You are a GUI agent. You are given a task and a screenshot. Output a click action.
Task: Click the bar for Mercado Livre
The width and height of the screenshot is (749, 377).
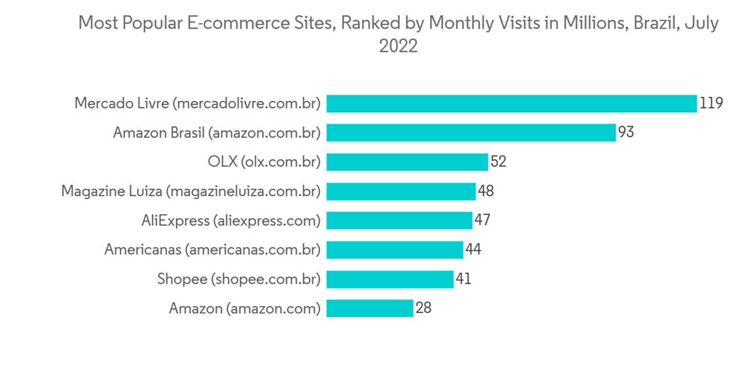(x=512, y=103)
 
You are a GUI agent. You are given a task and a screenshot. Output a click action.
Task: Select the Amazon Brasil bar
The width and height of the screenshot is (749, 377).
(x=471, y=132)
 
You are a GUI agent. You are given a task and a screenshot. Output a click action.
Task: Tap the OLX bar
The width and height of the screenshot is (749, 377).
(x=407, y=162)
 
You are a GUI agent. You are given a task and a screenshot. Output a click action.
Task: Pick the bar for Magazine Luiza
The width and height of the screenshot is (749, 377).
(x=401, y=191)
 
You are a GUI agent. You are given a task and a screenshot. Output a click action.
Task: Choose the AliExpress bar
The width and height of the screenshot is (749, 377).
(x=399, y=220)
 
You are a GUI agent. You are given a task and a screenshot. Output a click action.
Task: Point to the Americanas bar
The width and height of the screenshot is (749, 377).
(x=395, y=249)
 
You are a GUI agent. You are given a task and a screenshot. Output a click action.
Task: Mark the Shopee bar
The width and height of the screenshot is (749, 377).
(x=390, y=278)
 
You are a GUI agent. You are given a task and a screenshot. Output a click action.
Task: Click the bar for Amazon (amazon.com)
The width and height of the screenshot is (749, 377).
(x=370, y=307)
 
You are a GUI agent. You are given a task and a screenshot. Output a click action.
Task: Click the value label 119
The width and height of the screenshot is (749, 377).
(x=711, y=103)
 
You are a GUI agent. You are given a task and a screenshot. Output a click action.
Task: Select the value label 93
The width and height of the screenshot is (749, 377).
(x=627, y=132)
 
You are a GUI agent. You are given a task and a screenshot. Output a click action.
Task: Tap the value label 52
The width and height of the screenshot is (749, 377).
(x=499, y=162)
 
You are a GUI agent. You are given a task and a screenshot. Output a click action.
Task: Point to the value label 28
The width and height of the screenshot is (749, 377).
(x=423, y=307)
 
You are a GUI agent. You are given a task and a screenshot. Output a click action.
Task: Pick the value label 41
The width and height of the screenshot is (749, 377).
(x=464, y=278)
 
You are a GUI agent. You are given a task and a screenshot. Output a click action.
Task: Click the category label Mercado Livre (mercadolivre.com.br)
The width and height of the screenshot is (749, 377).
(x=198, y=103)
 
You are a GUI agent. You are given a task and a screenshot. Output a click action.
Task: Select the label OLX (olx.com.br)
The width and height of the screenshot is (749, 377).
(x=264, y=162)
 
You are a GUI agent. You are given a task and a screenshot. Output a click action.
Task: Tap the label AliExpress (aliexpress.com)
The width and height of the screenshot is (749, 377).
(x=231, y=220)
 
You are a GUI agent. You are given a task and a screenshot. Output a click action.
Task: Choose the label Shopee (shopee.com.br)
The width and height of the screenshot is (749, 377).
(x=239, y=278)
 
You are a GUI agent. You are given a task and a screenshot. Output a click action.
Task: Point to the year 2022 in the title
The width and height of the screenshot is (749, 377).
(x=398, y=46)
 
